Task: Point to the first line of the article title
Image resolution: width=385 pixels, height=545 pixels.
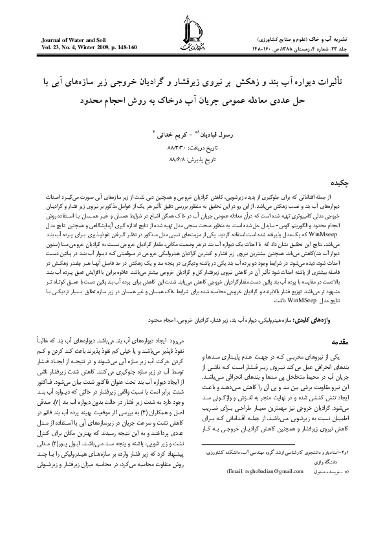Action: click(x=192, y=84)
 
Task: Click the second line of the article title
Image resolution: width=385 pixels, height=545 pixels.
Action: click(x=192, y=102)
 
